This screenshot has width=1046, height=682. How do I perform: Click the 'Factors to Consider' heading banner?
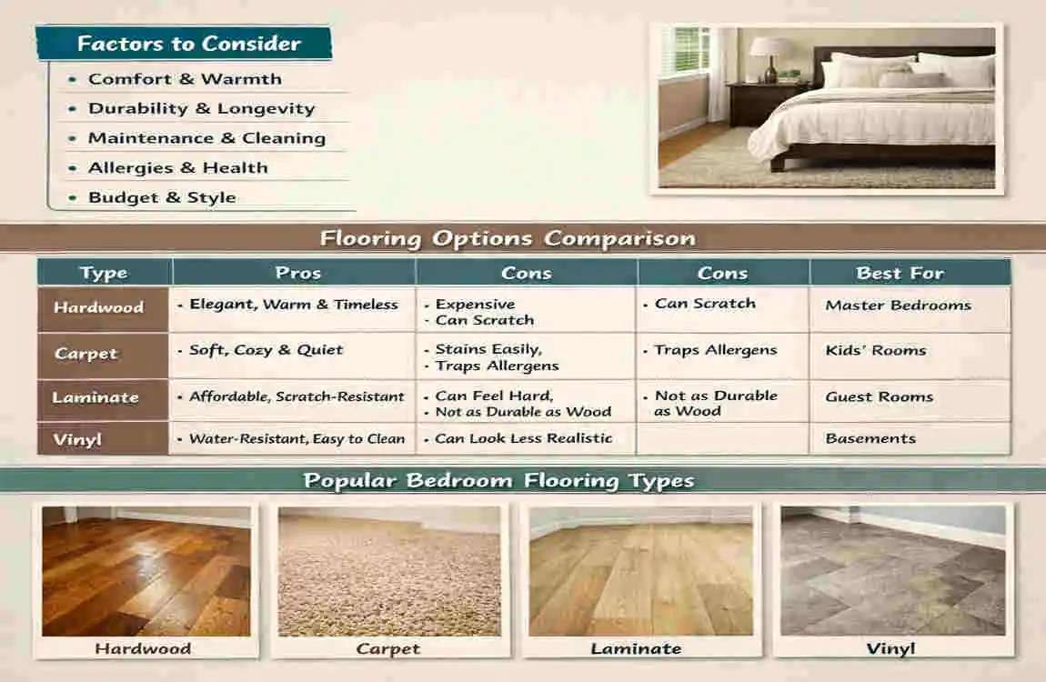click(184, 44)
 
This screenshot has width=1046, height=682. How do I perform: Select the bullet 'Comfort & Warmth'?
click(185, 79)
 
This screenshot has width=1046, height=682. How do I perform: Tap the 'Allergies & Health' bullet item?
click(178, 167)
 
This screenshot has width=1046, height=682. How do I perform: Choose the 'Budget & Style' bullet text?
click(162, 197)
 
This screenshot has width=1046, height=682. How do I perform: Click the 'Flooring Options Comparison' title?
click(508, 238)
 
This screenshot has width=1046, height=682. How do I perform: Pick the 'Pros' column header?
click(298, 273)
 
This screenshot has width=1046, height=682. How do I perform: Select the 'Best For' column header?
click(900, 273)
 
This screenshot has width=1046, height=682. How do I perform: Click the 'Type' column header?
click(104, 274)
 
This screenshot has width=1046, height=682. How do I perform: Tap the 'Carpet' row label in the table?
click(86, 354)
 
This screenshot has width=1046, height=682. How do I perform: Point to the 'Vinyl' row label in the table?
click(77, 439)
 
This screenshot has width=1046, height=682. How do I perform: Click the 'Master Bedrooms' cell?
click(898, 306)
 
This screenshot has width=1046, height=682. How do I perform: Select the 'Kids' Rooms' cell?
click(876, 350)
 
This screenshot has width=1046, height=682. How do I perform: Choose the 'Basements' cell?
click(870, 438)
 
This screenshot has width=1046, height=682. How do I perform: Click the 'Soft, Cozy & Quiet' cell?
click(267, 350)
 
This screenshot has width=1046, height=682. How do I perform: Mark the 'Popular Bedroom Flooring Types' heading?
click(499, 481)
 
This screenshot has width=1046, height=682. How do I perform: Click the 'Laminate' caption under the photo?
click(637, 648)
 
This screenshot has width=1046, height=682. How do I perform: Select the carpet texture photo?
click(389, 571)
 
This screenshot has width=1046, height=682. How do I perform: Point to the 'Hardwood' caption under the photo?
click(143, 648)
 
